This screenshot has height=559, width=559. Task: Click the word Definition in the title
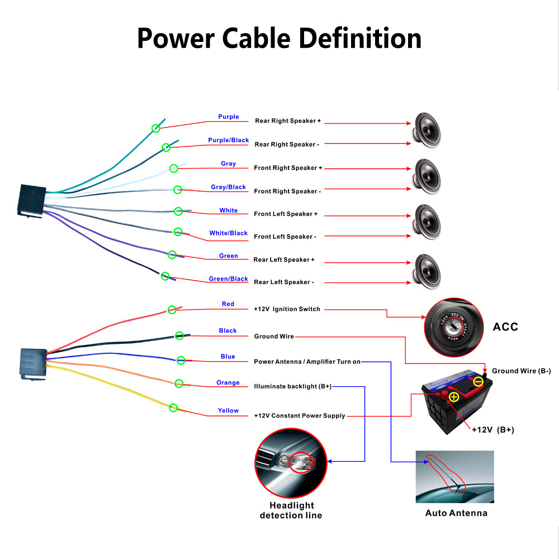pyautogui.click(x=360, y=39)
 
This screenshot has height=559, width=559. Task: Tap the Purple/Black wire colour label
pyautogui.click(x=228, y=140)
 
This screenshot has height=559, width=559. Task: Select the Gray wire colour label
pyautogui.click(x=228, y=164)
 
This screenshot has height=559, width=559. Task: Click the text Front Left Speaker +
pyautogui.click(x=286, y=214)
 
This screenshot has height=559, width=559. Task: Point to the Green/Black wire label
pyautogui.click(x=228, y=279)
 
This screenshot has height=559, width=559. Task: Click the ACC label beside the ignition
pyautogui.click(x=505, y=327)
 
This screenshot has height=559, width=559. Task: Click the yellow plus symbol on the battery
pyautogui.click(x=453, y=397)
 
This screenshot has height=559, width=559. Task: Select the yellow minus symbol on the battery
pyautogui.click(x=478, y=382)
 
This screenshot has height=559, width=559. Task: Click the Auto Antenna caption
pyautogui.click(x=456, y=513)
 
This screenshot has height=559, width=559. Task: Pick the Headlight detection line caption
pyautogui.click(x=291, y=510)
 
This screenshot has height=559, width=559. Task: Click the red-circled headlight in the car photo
pyautogui.click(x=302, y=462)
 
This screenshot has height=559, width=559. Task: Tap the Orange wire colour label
pyautogui.click(x=228, y=383)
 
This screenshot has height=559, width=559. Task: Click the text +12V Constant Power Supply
pyautogui.click(x=299, y=416)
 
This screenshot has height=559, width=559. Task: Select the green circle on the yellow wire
pyautogui.click(x=173, y=408)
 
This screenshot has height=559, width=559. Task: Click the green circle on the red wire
pyautogui.click(x=172, y=310)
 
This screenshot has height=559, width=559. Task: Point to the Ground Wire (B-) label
pyautogui.click(x=521, y=371)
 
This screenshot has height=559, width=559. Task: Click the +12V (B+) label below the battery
pyautogui.click(x=492, y=430)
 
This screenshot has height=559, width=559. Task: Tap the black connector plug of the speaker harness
pyautogui.click(x=30, y=199)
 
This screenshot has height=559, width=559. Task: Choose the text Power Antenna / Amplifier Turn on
pyautogui.click(x=307, y=362)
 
